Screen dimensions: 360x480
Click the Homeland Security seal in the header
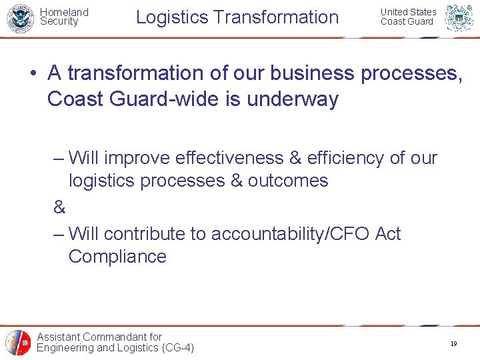pos(20,18)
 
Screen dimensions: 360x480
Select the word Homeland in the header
pos(64,12)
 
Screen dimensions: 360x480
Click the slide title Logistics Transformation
pos(237,17)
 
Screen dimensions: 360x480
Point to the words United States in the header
pos(408,12)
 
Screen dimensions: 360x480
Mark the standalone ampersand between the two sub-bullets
pos(59,208)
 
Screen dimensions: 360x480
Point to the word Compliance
pos(117,257)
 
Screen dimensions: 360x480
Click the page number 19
pos(453,344)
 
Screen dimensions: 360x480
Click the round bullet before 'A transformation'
pos(33,73)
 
